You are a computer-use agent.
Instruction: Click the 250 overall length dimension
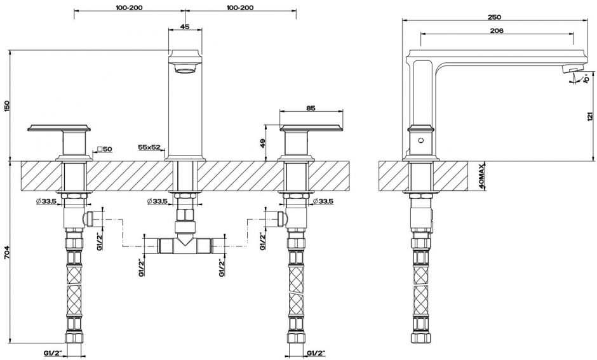click(x=494, y=17)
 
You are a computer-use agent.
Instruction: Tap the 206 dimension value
click(x=497, y=30)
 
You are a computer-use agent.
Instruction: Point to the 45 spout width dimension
click(x=185, y=27)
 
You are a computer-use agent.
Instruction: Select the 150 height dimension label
click(x=6, y=106)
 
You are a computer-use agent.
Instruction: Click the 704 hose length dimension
click(x=6, y=252)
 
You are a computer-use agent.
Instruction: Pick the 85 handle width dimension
click(x=311, y=108)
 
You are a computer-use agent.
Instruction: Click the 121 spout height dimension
click(x=590, y=116)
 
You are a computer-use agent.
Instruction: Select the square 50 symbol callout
click(x=104, y=149)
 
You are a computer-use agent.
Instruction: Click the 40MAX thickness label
click(x=482, y=177)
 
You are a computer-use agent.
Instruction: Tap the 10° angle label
click(x=586, y=78)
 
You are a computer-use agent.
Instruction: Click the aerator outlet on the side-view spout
click(x=570, y=69)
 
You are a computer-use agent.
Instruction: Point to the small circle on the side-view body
click(x=420, y=140)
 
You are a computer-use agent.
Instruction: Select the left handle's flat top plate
click(x=60, y=128)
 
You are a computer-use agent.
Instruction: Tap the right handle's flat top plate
click(x=311, y=128)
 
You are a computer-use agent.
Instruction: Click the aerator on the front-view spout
click(x=185, y=69)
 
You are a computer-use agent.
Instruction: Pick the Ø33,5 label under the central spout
click(x=158, y=201)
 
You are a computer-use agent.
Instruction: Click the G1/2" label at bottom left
click(x=54, y=353)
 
